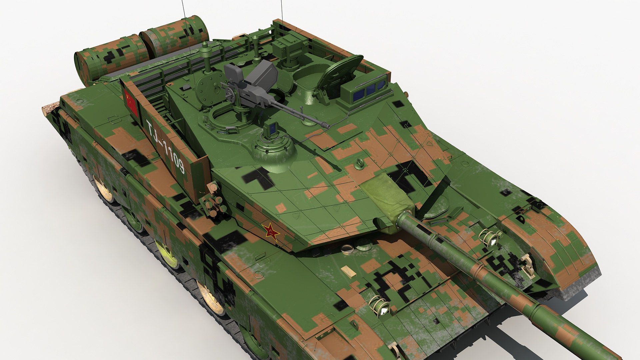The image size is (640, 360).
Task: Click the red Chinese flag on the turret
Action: [x=131, y=101]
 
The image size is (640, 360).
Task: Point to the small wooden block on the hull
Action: [x=348, y=271]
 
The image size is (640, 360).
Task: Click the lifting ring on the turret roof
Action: [x=360, y=163]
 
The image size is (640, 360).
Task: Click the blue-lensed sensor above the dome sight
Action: [x=271, y=128]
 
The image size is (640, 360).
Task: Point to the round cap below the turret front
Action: [x=347, y=249]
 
